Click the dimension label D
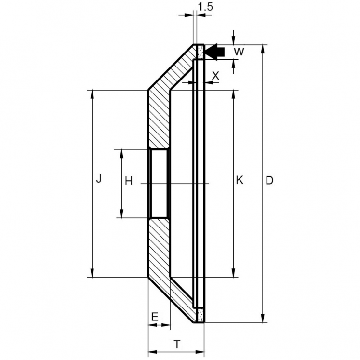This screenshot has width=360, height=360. click(x=270, y=181)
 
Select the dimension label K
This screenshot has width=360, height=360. click(x=240, y=181)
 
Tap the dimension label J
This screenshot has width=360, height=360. click(x=98, y=179)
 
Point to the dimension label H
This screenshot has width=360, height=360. click(x=128, y=181)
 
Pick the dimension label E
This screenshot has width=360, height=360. click(x=155, y=316)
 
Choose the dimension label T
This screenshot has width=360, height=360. click(x=177, y=344)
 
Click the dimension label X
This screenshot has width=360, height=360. click(x=215, y=75)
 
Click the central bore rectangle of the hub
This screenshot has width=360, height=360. click(x=159, y=183)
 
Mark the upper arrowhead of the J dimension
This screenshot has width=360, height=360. click(x=92, y=94)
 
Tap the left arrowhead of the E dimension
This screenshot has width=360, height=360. click(x=151, y=325)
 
